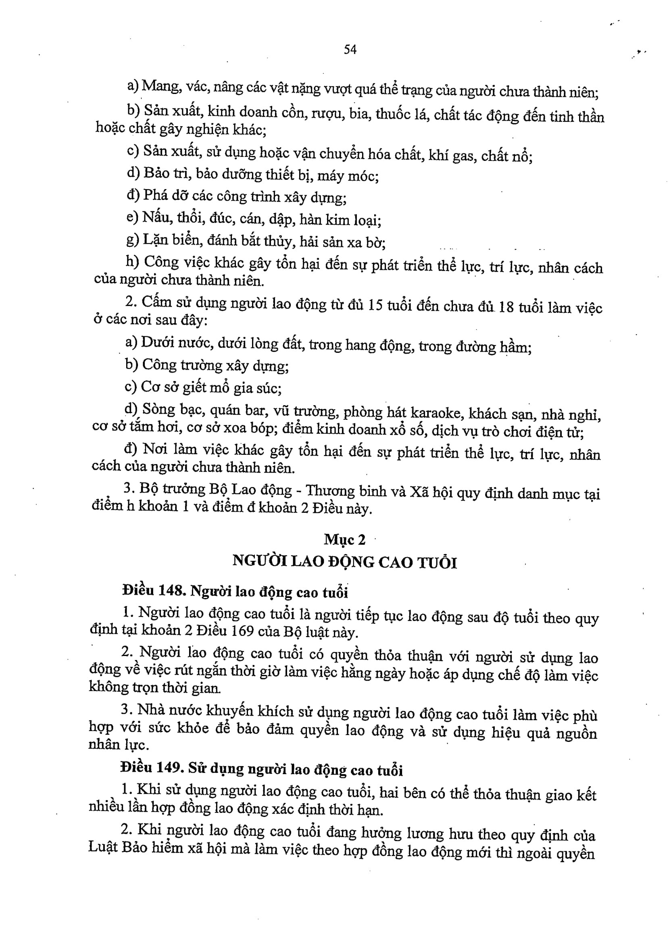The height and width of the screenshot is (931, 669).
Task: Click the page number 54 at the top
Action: click(x=350, y=50)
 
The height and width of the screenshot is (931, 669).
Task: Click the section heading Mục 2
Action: click(x=344, y=539)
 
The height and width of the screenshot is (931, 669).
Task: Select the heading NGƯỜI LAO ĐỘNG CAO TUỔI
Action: click(x=344, y=562)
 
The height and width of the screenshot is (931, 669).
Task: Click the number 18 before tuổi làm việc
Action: click(x=505, y=307)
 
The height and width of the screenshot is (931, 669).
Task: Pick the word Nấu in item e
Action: click(x=156, y=217)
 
